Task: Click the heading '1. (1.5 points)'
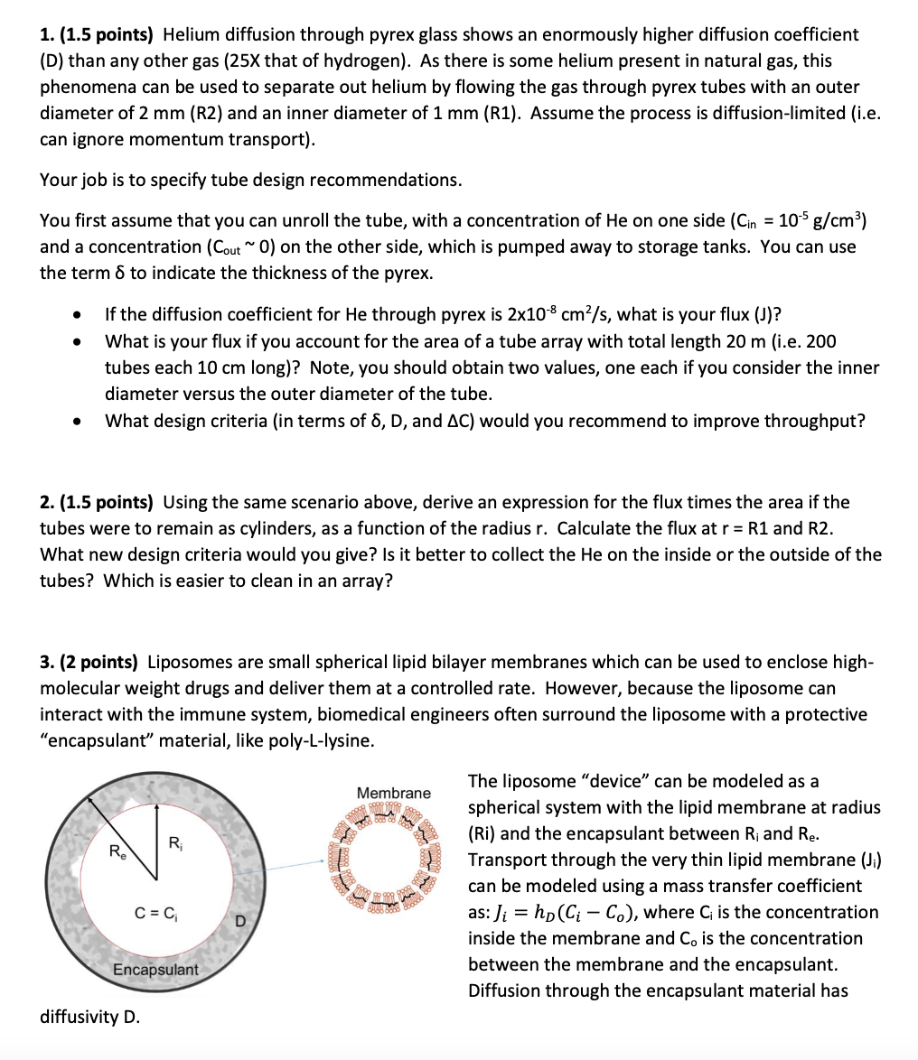tap(97, 35)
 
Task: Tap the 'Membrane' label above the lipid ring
tap(393, 793)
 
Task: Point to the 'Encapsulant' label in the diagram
tap(155, 969)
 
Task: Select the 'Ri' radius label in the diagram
tap(175, 843)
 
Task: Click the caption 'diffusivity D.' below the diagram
tap(90, 1017)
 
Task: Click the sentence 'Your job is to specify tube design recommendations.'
tap(250, 180)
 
